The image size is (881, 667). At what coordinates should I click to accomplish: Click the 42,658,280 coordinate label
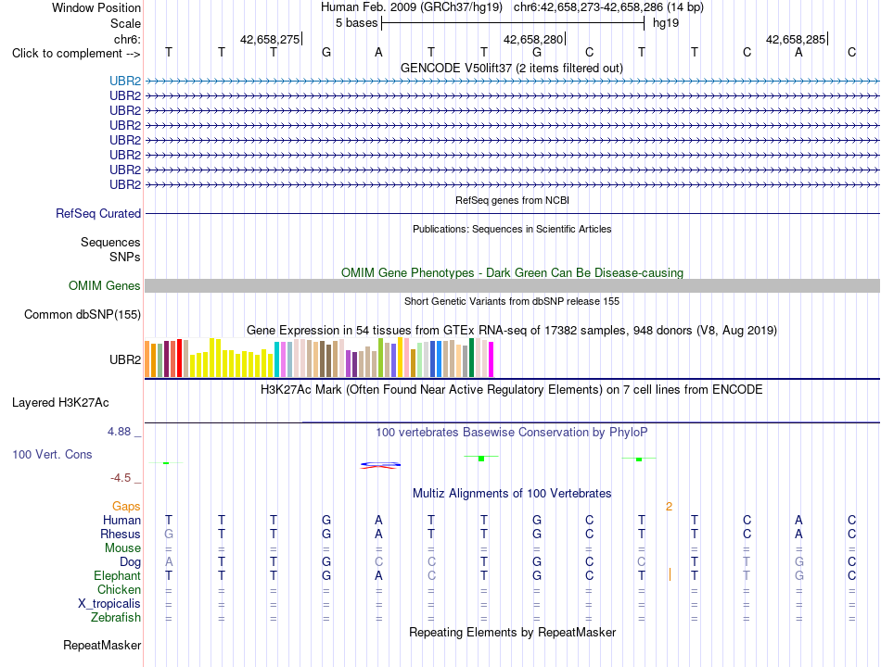(532, 39)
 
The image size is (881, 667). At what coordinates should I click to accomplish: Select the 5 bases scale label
(356, 23)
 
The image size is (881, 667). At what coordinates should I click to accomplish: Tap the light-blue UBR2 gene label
(125, 81)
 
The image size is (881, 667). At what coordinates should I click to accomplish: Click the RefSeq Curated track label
(98, 213)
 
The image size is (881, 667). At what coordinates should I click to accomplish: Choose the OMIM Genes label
(105, 285)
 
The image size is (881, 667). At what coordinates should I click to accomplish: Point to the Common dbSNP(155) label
(83, 314)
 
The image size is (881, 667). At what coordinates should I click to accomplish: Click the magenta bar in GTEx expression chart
(492, 359)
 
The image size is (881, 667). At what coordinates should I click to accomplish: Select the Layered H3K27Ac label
(60, 403)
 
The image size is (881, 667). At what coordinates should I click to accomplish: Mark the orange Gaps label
(126, 507)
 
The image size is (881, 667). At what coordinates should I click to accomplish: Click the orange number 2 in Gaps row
(669, 507)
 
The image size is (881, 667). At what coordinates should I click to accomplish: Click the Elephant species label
(118, 575)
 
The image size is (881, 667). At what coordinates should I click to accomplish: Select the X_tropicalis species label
(109, 604)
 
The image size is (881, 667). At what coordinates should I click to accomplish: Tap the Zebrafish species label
(116, 618)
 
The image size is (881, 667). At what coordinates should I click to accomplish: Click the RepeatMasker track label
(102, 645)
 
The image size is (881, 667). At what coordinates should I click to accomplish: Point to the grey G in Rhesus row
(169, 534)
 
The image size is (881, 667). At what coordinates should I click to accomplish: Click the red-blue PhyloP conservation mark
(380, 465)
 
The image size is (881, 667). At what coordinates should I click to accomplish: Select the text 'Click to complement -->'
(76, 54)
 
